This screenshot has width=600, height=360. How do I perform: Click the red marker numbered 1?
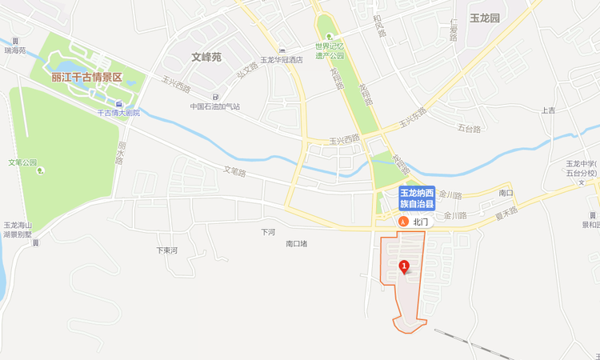tap(404, 266)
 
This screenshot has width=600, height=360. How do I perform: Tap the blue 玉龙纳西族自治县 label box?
tap(417, 198)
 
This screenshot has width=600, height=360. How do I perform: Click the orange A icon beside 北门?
tap(404, 222)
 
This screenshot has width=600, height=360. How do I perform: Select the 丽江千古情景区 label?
tap(86, 78)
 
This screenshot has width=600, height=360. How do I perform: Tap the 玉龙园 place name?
tap(484, 17)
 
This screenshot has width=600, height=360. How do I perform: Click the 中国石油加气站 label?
tap(215, 106)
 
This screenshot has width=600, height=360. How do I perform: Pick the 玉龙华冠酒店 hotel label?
tap(282, 60)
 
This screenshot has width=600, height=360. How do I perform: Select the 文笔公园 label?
tap(22, 162)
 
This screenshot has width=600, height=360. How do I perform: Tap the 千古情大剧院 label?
tap(118, 113)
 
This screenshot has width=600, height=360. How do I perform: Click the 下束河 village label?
tap(166, 250)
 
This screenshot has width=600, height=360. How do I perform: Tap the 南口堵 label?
tap(296, 243)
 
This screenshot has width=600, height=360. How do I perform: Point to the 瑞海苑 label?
tap(15, 50)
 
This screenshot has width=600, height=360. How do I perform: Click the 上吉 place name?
tap(548, 110)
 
